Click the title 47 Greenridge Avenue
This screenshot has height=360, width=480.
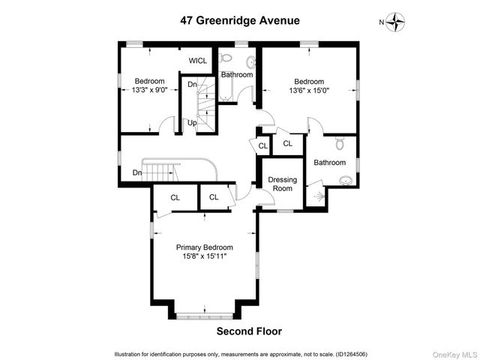click(x=239, y=21)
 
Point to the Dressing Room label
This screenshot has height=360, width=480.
click(x=283, y=184)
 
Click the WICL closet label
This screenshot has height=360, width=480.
click(x=198, y=61)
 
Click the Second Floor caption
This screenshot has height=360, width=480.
click(x=249, y=331)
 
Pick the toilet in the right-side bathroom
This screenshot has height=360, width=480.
click(x=339, y=144)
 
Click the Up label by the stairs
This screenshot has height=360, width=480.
click(x=193, y=123)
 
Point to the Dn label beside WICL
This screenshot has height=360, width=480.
click(x=192, y=84)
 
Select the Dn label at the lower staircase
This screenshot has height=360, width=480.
click(x=137, y=173)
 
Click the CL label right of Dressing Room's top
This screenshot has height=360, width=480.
click(x=287, y=143)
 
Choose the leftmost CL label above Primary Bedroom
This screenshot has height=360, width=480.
click(x=175, y=198)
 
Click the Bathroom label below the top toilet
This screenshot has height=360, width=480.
click(x=236, y=75)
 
